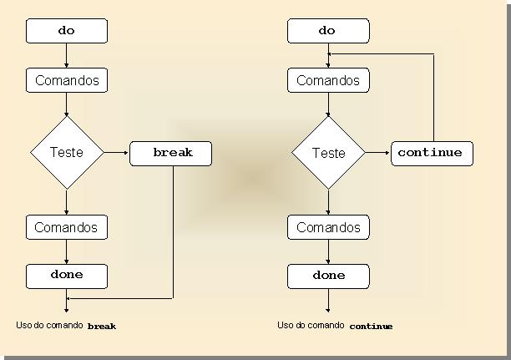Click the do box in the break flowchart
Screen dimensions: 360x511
coord(67,31)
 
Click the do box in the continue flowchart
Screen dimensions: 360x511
coord(327,31)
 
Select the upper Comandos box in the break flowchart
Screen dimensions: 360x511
coord(67,81)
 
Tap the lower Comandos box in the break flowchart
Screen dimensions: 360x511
coord(67,227)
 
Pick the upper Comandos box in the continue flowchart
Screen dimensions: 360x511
coord(327,81)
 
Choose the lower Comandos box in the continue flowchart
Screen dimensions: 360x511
coord(327,227)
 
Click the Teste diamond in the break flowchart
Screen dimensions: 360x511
coord(67,153)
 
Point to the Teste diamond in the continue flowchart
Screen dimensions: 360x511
coord(327,153)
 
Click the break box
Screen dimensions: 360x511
coord(172,154)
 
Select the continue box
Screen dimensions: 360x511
coord(432,154)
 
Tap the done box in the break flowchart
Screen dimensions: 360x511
coord(67,275)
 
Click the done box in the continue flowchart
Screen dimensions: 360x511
coord(327,275)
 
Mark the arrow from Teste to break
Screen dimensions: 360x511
coord(117,153)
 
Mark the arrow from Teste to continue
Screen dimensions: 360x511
coord(377,153)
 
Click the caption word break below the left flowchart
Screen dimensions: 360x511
coord(102,327)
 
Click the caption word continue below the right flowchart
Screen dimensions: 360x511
coord(371,327)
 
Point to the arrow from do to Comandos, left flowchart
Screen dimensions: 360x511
coord(67,56)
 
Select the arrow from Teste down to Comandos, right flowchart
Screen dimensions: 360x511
coord(327,201)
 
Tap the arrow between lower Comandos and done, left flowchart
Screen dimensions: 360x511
coord(67,251)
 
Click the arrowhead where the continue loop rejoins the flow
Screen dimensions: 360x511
coord(331,55)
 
